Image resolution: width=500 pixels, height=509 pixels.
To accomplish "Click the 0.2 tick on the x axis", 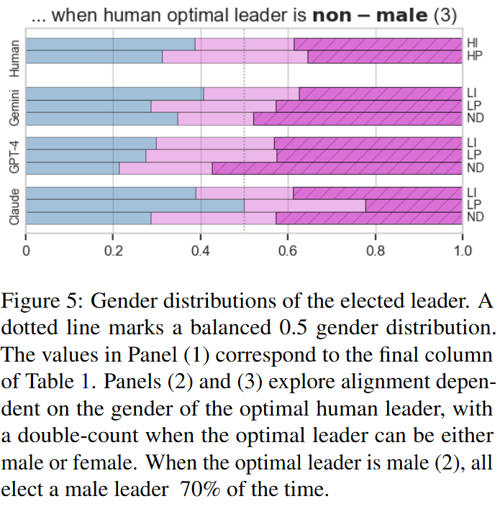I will click(113, 251).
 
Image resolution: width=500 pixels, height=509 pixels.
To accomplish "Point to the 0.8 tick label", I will click(375, 251).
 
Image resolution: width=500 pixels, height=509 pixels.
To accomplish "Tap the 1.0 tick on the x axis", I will click(462, 251).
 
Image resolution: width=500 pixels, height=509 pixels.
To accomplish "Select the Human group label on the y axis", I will click(13, 57).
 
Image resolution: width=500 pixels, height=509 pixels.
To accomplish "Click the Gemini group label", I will click(13, 107).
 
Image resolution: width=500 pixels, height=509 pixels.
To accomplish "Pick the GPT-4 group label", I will click(13, 155).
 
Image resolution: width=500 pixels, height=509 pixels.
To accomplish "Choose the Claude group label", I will click(13, 206).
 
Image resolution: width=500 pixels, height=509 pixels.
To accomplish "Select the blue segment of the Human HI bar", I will click(110, 45).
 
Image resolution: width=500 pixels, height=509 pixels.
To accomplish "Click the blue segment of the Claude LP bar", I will click(135, 206).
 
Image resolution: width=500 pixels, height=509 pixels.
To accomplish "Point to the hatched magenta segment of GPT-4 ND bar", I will click(337, 168).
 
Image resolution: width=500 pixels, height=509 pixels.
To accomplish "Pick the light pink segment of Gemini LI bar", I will click(251, 93).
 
